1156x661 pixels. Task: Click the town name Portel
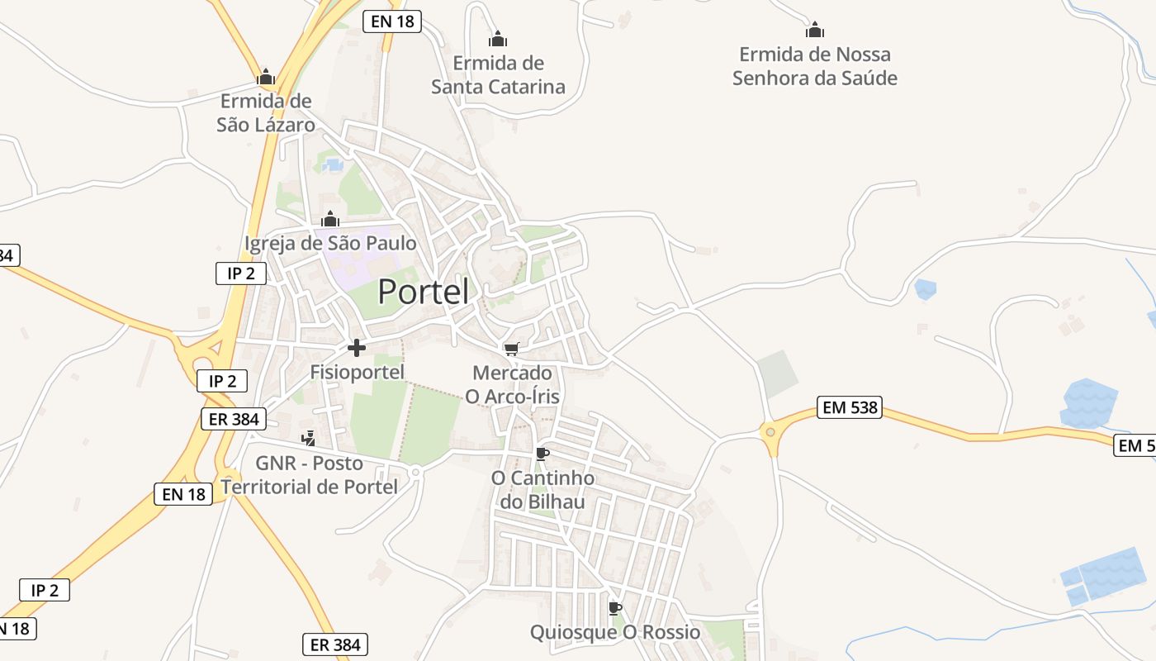point(424,292)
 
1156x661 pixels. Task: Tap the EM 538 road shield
point(850,407)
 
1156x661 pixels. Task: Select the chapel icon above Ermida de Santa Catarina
point(497,39)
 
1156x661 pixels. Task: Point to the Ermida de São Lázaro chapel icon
point(266,78)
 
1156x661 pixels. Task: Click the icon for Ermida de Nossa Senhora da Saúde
point(815,31)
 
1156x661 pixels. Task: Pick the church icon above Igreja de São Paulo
point(330,220)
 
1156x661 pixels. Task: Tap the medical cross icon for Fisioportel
point(357,348)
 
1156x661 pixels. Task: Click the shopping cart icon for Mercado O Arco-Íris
point(512,350)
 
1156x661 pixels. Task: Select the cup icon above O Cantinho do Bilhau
point(542,454)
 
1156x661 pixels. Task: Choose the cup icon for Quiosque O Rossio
point(614,609)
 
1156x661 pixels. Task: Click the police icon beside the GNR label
point(308,438)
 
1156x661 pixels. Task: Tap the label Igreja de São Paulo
point(330,244)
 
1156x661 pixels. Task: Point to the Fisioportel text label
point(357,372)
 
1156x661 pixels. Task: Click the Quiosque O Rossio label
point(614,633)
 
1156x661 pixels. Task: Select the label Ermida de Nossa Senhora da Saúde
point(815,66)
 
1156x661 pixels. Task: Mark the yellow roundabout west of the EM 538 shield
point(770,430)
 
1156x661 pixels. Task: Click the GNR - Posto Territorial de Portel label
point(310,475)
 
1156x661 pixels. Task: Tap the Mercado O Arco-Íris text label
point(512,385)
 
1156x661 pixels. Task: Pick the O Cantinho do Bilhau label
point(542,490)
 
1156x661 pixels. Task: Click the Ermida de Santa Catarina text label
point(498,74)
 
